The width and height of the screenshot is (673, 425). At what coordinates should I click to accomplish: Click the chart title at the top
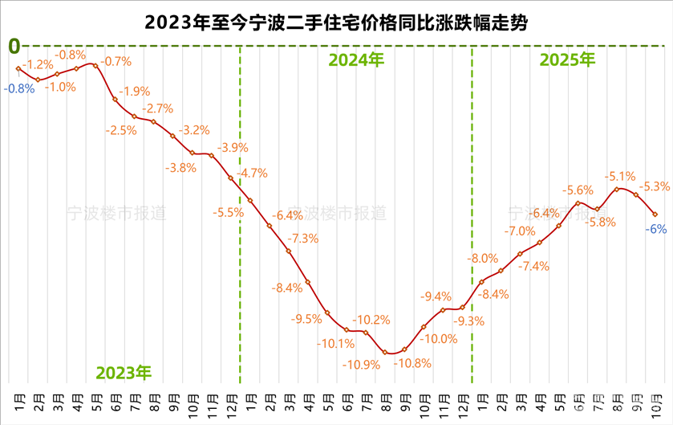(337, 22)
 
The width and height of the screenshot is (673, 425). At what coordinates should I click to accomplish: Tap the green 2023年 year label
(124, 372)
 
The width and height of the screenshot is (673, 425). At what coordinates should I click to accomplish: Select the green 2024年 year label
(357, 59)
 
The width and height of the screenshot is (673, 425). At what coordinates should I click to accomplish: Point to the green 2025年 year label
(567, 59)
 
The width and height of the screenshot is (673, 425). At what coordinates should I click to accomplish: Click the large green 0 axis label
(14, 46)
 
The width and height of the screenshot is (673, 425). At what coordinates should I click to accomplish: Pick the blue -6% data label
(658, 229)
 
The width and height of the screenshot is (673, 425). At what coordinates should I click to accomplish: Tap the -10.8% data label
(412, 363)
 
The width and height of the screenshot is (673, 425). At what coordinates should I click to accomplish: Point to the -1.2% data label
(37, 64)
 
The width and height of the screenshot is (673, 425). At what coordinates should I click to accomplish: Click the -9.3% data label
(469, 321)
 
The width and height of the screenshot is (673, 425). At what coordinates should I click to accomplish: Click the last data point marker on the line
(655, 214)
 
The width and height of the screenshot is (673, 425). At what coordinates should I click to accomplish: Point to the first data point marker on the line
(18, 68)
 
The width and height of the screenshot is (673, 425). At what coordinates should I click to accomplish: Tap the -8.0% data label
(484, 259)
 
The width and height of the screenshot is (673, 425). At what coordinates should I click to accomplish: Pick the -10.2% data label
(372, 319)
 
